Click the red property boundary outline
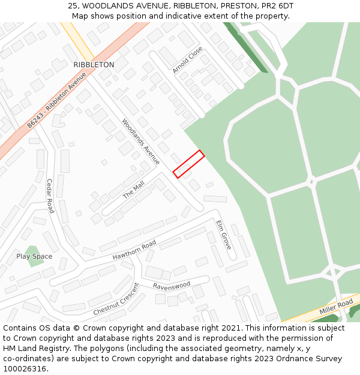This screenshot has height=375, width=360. click(189, 164)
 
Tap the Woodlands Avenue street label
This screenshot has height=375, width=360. click(141, 142)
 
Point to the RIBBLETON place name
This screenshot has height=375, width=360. click(94, 65)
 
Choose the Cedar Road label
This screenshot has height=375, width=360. click(50, 196)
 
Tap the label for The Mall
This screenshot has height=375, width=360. click(134, 191)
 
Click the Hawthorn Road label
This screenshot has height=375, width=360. click(134, 250)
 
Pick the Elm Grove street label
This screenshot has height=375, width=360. click(223, 235)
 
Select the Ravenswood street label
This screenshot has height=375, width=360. click(171, 285)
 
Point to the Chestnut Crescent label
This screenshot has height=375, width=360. click(116, 299)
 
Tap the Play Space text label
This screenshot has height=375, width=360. click(34, 257)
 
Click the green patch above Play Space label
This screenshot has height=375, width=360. click(33, 248)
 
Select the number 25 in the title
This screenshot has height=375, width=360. click(73, 6)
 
